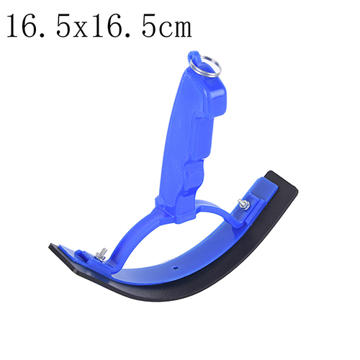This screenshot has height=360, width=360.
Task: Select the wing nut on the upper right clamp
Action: click(x=243, y=204)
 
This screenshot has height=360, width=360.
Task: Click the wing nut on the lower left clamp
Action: click(x=101, y=254)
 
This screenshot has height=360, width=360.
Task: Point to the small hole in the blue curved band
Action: click(x=176, y=266)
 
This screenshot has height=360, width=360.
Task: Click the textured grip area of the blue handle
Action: click(x=181, y=135)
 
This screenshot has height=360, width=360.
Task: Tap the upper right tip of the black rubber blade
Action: click(x=271, y=171)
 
